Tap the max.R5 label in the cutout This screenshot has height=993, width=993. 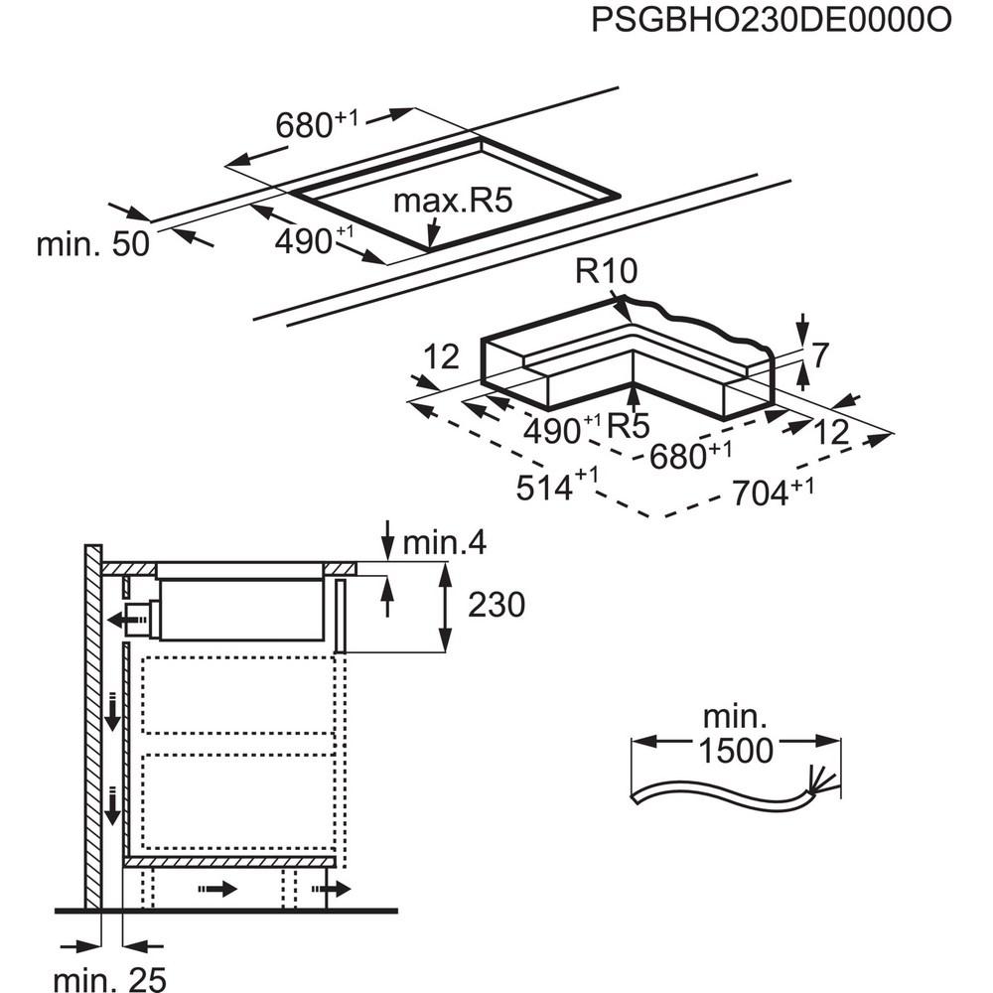[452, 202]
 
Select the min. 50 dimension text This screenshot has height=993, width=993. [92, 244]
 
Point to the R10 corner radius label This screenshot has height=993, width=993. [605, 272]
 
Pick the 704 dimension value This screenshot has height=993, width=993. [766, 492]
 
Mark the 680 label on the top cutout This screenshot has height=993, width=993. [308, 125]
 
